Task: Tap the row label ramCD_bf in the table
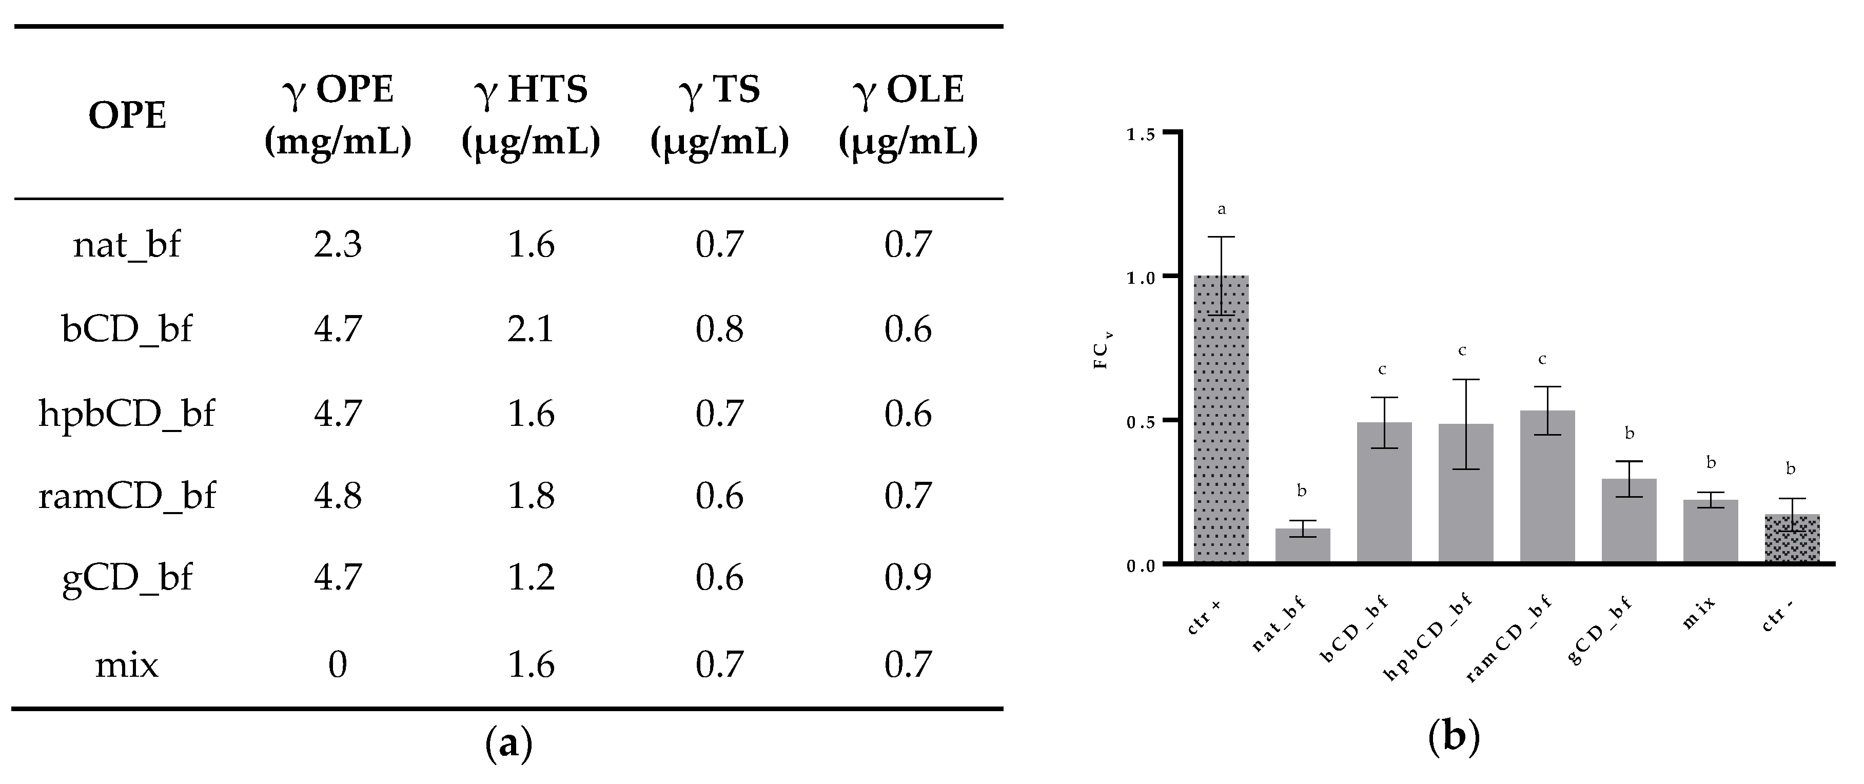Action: point(127,496)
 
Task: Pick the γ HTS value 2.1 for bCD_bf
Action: point(531,329)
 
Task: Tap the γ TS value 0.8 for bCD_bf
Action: point(719,329)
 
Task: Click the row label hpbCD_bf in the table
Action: point(127,414)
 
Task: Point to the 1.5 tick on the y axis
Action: point(1142,134)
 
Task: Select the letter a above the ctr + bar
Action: point(1222,210)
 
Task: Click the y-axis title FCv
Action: point(1102,351)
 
